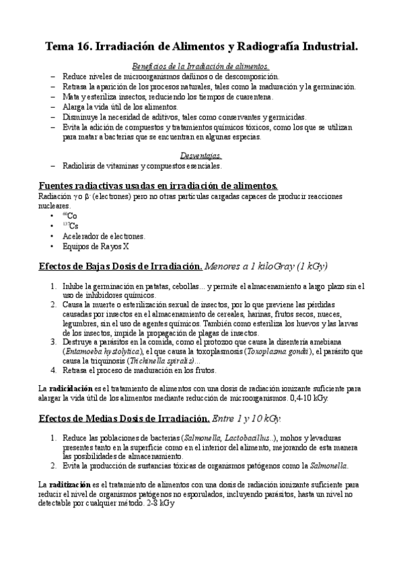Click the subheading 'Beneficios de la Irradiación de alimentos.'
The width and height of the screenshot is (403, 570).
tap(200, 67)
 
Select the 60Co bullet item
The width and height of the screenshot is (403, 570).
tap(69, 215)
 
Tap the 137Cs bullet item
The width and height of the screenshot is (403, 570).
tap(69, 226)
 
